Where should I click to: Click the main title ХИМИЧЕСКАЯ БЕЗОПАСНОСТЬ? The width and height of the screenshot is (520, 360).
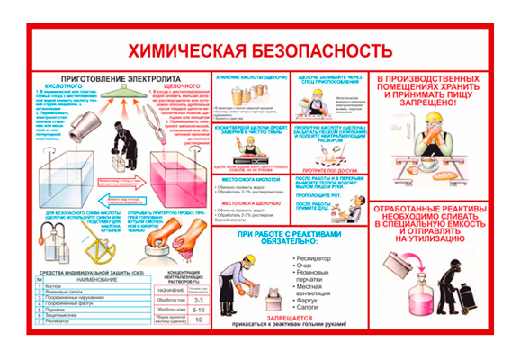point(258,49)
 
